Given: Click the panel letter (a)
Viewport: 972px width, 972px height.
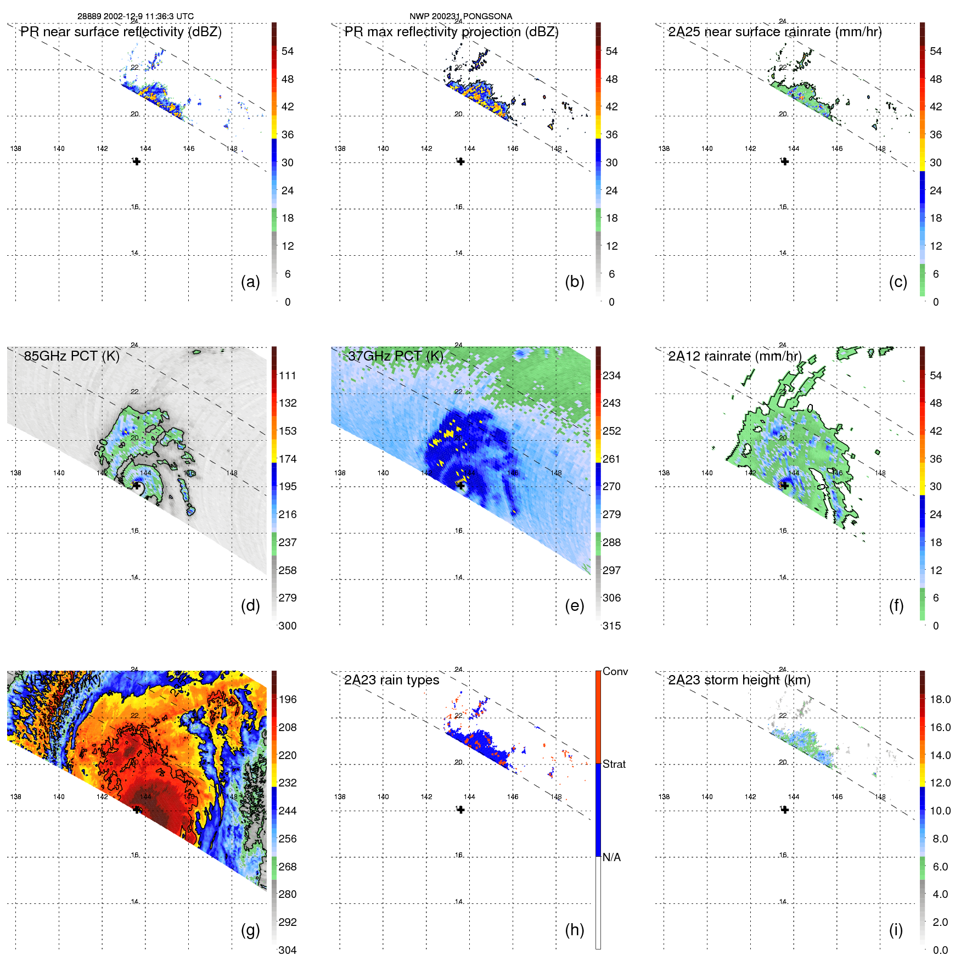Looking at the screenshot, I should click(250, 282).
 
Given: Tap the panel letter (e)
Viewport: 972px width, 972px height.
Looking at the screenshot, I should click(574, 606).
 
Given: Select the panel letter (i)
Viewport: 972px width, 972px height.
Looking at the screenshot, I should click(896, 930).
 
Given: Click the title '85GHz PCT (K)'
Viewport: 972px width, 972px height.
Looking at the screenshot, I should click(71, 356).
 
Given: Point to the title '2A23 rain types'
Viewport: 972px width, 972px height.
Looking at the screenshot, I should click(391, 680).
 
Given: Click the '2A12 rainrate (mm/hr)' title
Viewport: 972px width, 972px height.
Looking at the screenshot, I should click(734, 356).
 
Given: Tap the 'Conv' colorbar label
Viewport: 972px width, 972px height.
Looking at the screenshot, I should click(615, 671).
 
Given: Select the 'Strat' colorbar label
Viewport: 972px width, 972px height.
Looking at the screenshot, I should click(614, 764).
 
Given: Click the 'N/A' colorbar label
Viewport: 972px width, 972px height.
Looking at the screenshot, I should click(611, 857).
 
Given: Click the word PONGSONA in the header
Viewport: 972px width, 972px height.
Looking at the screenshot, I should click(487, 16).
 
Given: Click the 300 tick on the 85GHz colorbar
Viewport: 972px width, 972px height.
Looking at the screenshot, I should click(288, 626).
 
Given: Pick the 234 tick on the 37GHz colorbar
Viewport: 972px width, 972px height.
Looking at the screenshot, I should click(611, 375).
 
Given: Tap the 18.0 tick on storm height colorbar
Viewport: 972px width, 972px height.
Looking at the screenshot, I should click(940, 699).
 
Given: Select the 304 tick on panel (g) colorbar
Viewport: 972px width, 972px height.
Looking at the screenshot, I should click(288, 950).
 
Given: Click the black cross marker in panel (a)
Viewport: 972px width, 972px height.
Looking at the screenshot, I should click(137, 161).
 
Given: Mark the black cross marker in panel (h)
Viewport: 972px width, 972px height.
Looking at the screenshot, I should click(460, 810).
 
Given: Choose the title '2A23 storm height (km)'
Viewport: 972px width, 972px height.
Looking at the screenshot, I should click(739, 680).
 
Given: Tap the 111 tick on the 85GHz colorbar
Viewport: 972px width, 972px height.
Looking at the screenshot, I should click(288, 375).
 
